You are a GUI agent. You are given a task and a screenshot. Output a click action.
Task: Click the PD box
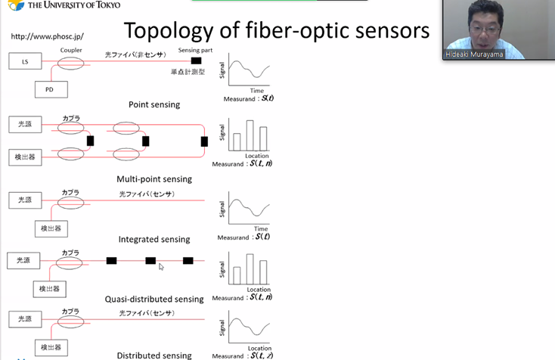click(51, 89)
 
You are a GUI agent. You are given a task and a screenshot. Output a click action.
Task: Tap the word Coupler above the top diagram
click(71, 50)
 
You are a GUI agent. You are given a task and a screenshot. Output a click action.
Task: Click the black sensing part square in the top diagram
click(196, 61)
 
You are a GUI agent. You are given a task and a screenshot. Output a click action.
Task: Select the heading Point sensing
click(153, 104)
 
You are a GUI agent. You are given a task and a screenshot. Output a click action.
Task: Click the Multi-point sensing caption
click(154, 179)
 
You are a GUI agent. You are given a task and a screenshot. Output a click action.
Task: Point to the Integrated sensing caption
click(153, 239)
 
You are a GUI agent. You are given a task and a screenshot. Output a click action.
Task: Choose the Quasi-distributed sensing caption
click(154, 299)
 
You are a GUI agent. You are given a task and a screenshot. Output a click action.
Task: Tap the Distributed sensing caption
click(153, 355)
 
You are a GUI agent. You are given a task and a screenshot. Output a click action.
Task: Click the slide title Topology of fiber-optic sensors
click(276, 31)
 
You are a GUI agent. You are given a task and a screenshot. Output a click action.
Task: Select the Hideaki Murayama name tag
click(473, 54)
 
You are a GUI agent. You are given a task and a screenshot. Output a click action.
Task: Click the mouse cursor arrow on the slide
click(161, 266)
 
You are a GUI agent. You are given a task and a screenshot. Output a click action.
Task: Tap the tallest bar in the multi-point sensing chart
click(250, 135)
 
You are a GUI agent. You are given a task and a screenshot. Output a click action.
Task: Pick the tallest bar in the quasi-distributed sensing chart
click(250, 269)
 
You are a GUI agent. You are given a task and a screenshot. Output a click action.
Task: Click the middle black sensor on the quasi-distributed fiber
click(150, 260)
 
